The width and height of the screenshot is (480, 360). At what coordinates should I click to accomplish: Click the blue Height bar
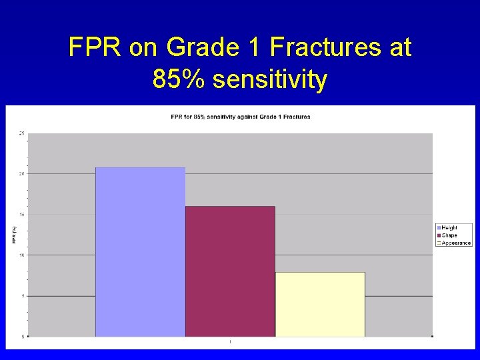[140, 252]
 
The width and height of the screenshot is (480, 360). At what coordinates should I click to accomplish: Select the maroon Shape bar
[230, 271]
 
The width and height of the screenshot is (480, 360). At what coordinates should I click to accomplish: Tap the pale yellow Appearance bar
[320, 304]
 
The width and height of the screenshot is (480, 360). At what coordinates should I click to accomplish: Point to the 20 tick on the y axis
[22, 174]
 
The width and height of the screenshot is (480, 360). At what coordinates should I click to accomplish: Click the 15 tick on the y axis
[22, 215]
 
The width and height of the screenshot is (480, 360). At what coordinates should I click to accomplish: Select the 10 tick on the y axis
[22, 255]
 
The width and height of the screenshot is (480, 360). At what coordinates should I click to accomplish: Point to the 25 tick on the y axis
[22, 133]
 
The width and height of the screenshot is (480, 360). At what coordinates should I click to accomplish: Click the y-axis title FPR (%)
[13, 235]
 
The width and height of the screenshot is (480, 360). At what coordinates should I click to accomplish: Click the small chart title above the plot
[240, 117]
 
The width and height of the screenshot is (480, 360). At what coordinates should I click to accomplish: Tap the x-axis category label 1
[230, 342]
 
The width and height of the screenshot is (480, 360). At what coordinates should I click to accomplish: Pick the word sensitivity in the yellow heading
[270, 80]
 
